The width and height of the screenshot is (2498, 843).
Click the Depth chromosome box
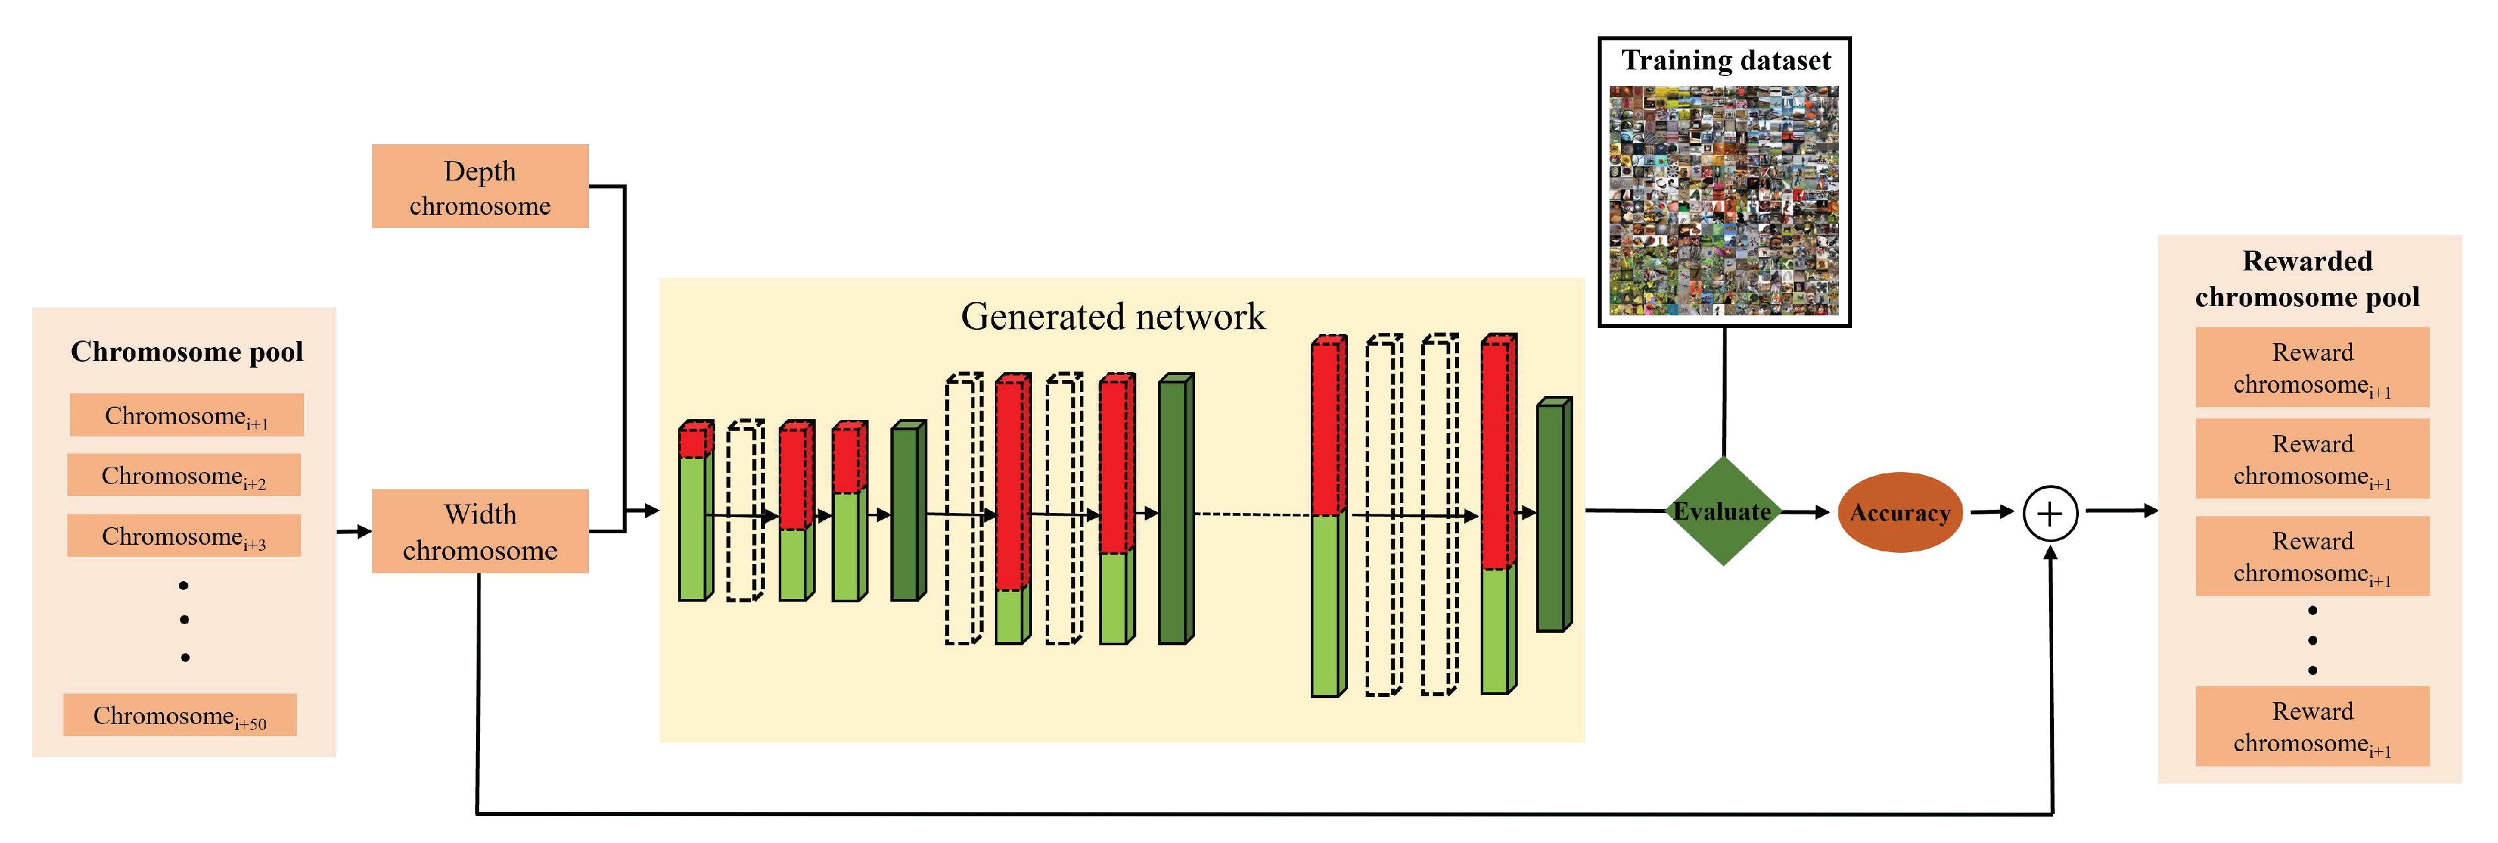(x=480, y=186)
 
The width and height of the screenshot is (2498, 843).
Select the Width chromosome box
(x=480, y=531)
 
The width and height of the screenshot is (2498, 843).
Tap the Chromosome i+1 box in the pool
(x=186, y=415)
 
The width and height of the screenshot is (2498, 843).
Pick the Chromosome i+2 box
(x=183, y=475)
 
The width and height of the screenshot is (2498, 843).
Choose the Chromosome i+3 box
(x=183, y=536)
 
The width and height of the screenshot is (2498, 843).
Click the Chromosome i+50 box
(x=179, y=715)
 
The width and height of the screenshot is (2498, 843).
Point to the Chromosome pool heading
(x=186, y=351)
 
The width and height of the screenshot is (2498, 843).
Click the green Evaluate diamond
(x=1722, y=511)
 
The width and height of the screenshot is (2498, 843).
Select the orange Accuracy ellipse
(x=1900, y=512)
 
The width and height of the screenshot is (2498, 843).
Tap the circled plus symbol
(x=2050, y=513)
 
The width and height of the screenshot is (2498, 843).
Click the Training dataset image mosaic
(x=1723, y=201)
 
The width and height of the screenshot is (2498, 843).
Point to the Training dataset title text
(x=1725, y=60)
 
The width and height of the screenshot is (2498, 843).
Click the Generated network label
(x=1112, y=316)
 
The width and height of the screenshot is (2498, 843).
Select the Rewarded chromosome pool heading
(x=2307, y=278)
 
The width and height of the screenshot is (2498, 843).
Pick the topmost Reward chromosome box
(x=2312, y=368)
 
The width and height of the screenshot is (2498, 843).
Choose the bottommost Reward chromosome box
(x=2312, y=727)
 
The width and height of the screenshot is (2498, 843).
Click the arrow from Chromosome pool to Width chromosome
(x=354, y=531)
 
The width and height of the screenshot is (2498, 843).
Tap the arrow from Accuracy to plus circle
(x=1993, y=511)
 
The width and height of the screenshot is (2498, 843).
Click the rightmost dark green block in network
(x=1553, y=516)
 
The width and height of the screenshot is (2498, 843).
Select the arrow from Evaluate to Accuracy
(x=1806, y=511)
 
